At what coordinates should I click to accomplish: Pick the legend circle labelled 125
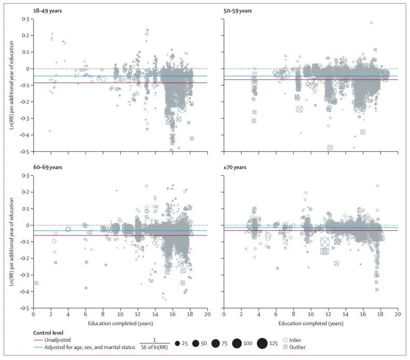click(x=262, y=343)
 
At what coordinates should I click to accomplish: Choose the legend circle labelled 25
click(x=177, y=343)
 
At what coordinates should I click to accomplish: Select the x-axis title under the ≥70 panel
click(x=310, y=324)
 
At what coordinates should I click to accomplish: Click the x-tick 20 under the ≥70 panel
click(x=397, y=314)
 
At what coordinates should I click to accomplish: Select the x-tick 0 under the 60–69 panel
click(x=33, y=314)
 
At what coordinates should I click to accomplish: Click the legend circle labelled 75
click(x=218, y=343)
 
